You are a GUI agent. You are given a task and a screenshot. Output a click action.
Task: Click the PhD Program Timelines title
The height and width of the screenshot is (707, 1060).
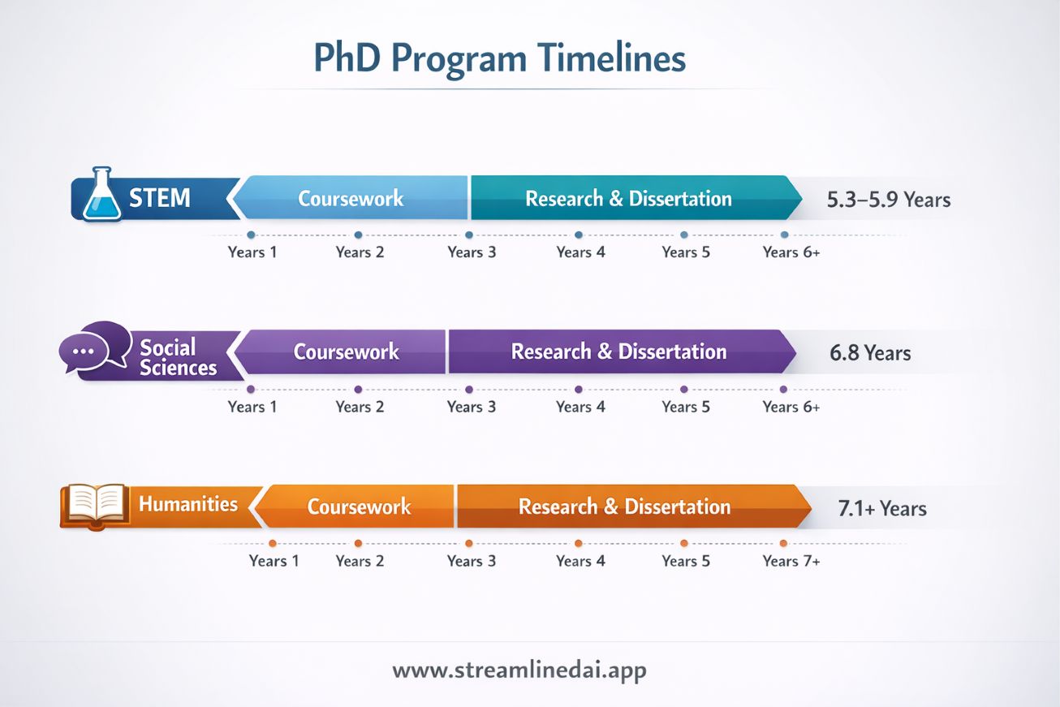[499, 59]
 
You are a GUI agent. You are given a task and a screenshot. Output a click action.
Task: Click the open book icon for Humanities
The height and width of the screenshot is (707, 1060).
[96, 504]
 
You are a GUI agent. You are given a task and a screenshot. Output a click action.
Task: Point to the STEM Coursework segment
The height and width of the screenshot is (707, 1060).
[351, 199]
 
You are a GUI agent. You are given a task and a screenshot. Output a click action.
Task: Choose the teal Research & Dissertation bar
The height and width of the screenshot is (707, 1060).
[629, 199]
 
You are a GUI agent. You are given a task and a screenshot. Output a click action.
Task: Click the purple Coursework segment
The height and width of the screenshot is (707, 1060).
[346, 352]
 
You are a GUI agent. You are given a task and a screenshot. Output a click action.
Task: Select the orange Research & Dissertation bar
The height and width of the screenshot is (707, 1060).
[625, 507]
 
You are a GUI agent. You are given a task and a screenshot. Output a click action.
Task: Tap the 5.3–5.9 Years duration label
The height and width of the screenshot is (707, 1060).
[888, 200]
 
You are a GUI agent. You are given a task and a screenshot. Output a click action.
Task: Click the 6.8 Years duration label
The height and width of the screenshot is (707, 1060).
[870, 353]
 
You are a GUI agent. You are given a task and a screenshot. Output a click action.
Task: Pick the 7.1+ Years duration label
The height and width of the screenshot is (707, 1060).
[881, 509]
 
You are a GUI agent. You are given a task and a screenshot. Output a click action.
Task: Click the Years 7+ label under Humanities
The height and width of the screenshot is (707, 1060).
[791, 561]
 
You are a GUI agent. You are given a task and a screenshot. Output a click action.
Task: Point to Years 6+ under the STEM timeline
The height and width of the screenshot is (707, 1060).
[791, 252]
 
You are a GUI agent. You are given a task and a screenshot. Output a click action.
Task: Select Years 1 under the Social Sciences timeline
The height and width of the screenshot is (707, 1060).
[252, 407]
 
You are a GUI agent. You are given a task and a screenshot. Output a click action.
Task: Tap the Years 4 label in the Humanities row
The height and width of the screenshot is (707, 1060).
[580, 561]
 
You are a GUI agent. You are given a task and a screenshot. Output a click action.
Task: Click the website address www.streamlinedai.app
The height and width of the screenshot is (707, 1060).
[519, 670]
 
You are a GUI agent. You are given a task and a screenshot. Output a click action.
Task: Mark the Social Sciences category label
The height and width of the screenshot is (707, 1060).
[177, 357]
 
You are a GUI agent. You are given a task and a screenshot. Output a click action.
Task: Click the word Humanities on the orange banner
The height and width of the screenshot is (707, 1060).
[188, 504]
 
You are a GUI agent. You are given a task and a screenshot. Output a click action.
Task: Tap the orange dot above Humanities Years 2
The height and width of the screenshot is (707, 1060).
[358, 543]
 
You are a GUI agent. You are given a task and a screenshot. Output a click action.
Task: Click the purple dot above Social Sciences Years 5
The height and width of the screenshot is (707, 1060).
[684, 389]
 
